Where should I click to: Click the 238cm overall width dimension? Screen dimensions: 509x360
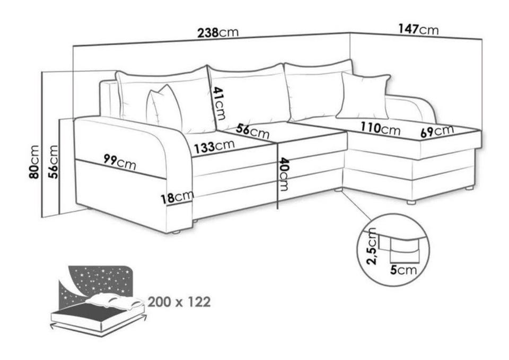[218, 32]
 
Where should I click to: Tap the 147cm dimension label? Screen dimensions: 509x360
[418, 29]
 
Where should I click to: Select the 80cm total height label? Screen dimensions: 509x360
[34, 162]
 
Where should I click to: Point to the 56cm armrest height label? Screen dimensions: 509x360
[53, 162]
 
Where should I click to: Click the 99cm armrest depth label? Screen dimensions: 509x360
[120, 162]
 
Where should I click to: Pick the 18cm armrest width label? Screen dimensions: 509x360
[178, 197]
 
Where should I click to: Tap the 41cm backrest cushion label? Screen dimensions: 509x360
[218, 103]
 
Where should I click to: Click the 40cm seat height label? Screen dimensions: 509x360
[284, 174]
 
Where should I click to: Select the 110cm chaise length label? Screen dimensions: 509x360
[381, 128]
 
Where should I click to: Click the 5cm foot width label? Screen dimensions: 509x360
[403, 270]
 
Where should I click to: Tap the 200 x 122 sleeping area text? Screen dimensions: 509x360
[179, 302]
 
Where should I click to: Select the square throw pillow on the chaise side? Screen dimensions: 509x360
[363, 96]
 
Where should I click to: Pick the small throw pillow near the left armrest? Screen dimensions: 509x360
[164, 109]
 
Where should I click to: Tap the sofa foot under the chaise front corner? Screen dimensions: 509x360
[411, 202]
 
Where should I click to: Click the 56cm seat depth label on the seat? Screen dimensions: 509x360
[252, 131]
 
